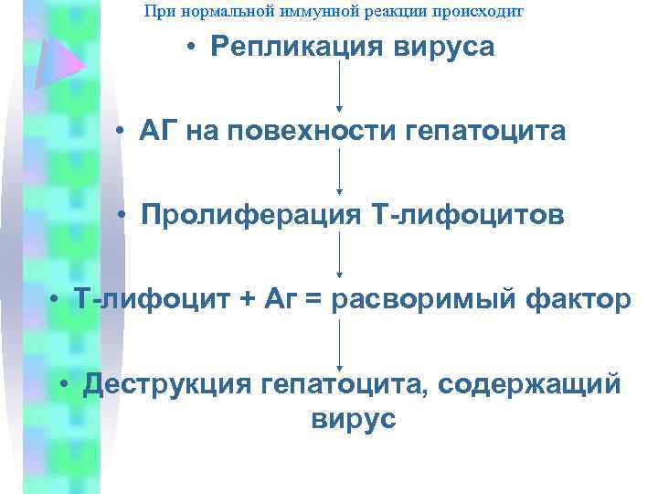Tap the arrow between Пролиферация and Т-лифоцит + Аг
340,254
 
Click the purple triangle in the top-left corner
57,59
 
